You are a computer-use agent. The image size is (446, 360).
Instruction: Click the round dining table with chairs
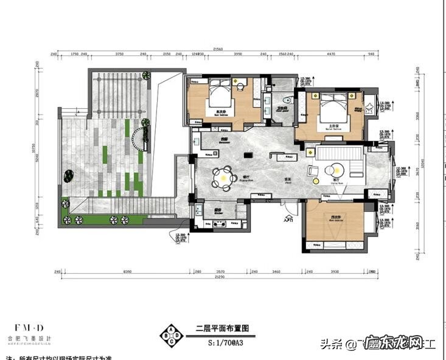(223, 178)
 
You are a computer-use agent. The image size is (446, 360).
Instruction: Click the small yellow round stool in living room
(316, 180)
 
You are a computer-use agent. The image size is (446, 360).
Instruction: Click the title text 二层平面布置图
(222, 328)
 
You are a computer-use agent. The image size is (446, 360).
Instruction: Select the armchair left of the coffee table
(313, 170)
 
